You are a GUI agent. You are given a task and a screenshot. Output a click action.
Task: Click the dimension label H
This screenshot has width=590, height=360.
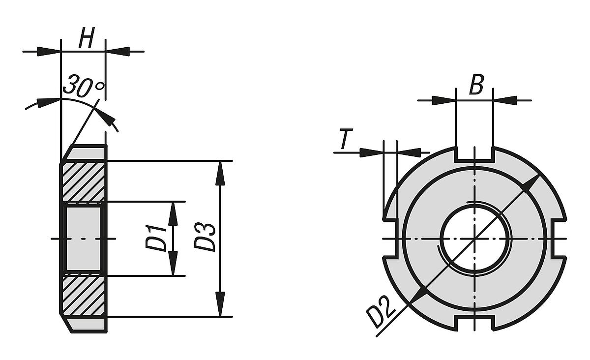[87, 39]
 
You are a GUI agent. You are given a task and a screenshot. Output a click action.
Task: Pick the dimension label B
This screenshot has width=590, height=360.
[476, 86]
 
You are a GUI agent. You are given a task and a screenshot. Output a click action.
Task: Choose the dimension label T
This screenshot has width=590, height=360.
[346, 140]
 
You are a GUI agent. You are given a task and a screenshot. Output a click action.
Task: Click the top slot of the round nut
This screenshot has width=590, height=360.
[474, 153]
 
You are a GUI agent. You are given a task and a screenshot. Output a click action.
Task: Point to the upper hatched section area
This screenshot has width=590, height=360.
[83, 181]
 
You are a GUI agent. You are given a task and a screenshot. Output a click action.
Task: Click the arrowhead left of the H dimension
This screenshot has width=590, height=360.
[49, 51]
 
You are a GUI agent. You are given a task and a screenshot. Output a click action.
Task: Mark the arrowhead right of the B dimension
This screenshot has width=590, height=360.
[505, 100]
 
